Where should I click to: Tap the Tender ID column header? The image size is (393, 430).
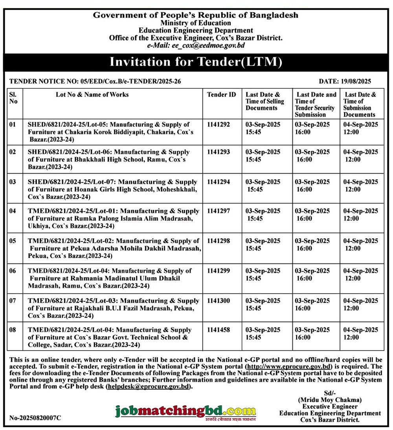pos(222,95)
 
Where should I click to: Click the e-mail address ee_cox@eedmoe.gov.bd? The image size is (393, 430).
pos(196,45)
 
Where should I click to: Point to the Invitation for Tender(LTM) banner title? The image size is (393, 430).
pos(196,62)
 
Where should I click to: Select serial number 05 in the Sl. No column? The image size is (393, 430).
pos(13,241)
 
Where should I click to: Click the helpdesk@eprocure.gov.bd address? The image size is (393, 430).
pos(149,387)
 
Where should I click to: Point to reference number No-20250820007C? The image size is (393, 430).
pos(35,418)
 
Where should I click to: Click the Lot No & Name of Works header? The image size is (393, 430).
pos(92,95)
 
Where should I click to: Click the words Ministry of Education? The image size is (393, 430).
pos(195,23)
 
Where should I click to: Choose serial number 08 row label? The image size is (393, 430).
pos(13,330)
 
